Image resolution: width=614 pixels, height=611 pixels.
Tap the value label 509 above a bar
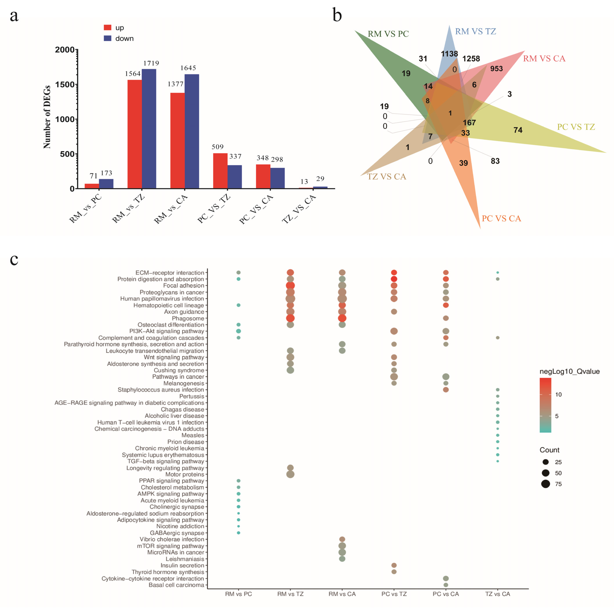click(x=218, y=147)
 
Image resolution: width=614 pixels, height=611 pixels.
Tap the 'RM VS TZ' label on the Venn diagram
click(x=476, y=31)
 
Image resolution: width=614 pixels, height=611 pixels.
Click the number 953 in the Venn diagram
click(x=496, y=69)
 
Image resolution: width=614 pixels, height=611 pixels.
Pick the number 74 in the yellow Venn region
click(x=518, y=130)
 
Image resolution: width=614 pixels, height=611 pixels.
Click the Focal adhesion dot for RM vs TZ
click(x=290, y=285)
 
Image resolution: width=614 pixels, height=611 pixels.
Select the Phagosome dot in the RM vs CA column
click(x=342, y=318)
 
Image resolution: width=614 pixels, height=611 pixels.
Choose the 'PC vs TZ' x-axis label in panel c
click(x=394, y=594)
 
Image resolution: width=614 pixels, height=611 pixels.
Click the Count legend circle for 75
click(x=546, y=484)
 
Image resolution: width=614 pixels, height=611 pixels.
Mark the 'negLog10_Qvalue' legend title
click(x=569, y=371)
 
